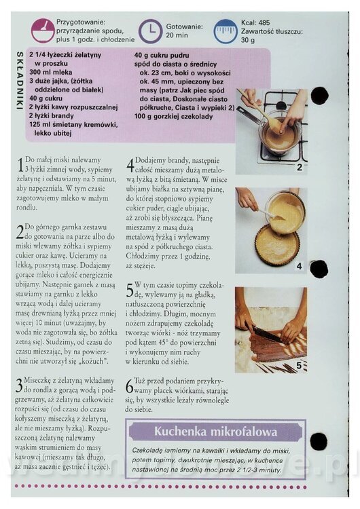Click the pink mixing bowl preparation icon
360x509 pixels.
(x=43, y=31)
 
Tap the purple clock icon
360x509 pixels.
(x=150, y=31)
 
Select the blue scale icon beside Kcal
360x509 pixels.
(x=225, y=31)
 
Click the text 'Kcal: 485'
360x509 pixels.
(x=255, y=22)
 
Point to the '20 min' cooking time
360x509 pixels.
(x=177, y=35)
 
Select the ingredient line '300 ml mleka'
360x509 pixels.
(x=51, y=72)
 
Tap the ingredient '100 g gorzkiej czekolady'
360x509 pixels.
(x=173, y=117)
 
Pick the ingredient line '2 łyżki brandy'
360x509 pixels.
(x=52, y=115)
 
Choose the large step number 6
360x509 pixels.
(x=129, y=386)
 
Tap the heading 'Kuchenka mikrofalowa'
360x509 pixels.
(x=216, y=432)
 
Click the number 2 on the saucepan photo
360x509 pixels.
(x=300, y=168)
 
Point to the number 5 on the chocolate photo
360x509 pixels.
(x=299, y=366)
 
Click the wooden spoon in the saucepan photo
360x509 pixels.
(x=260, y=112)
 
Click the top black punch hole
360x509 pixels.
(x=319, y=96)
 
